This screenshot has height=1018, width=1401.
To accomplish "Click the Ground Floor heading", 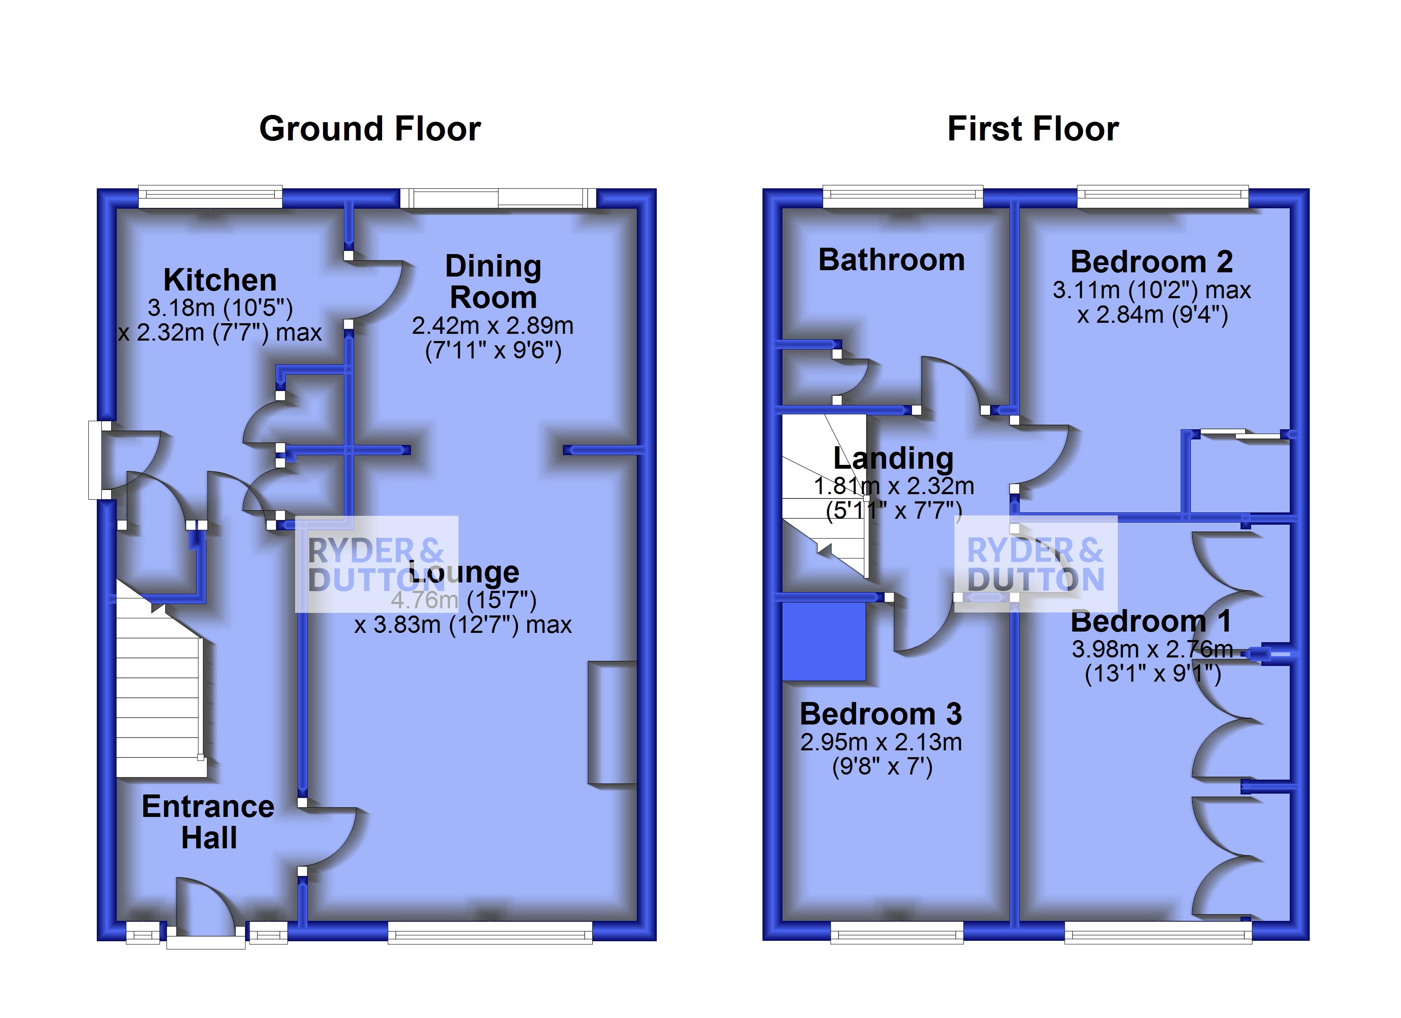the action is click(369, 129).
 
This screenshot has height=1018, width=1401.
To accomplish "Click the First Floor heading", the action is click(1033, 129).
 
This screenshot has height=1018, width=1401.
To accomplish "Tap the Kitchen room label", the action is click(220, 280).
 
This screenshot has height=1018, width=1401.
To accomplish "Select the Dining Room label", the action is click(493, 282).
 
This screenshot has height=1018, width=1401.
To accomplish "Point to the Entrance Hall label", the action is click(208, 822).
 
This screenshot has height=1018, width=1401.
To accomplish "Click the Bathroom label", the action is click(892, 260).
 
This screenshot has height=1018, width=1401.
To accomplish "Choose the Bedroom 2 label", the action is click(1151, 262).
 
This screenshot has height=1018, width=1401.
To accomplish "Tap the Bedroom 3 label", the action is click(881, 714).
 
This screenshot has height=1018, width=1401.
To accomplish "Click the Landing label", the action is click(893, 459).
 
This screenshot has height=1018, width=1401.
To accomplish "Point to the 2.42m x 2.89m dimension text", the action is click(493, 326).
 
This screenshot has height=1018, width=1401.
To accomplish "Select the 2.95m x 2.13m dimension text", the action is click(881, 742).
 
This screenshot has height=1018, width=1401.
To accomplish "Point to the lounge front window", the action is click(490, 933).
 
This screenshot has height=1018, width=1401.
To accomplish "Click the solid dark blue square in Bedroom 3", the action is click(824, 641).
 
